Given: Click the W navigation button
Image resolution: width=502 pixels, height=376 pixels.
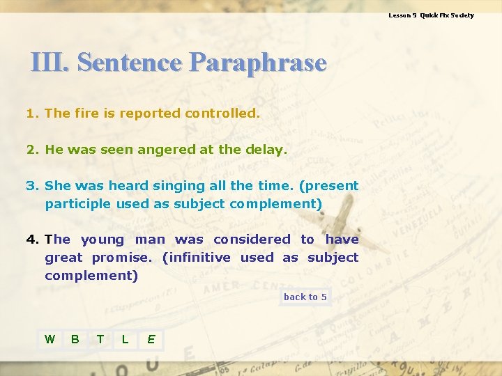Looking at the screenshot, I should [50, 339].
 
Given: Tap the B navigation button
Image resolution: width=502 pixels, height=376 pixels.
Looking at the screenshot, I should [75, 339].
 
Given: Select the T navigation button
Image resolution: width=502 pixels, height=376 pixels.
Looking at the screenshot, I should [100, 339].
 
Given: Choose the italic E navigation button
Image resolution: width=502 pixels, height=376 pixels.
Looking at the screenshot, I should [151, 339].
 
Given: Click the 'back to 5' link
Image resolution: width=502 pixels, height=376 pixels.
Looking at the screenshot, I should [305, 297].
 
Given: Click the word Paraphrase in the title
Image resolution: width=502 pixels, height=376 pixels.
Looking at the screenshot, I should [257, 63].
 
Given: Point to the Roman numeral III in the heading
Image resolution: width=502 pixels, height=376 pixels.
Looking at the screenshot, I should [50, 63].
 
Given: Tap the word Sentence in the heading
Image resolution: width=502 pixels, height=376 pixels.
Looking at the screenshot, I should [129, 63].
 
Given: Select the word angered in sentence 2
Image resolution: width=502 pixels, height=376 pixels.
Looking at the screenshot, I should [157, 149].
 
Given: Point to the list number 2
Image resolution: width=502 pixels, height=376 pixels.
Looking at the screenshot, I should [31, 149].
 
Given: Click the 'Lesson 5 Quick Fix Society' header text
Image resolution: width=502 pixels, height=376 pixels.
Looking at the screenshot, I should [431, 15].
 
